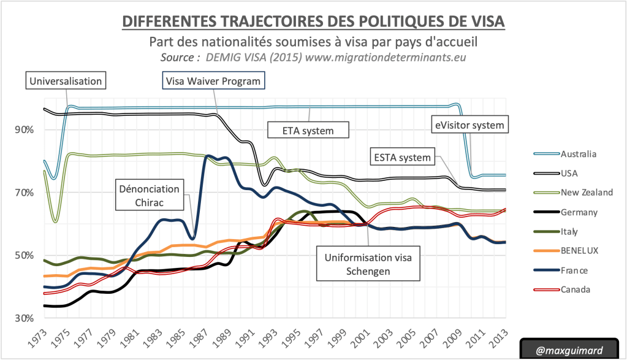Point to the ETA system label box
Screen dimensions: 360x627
click(308, 130)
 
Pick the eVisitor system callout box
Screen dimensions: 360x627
click(469, 125)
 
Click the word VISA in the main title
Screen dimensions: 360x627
click(480, 21)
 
